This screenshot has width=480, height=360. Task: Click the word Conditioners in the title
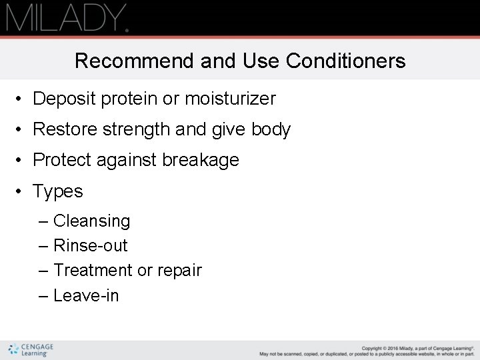coord(345,61)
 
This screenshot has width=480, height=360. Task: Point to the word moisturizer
coord(230,99)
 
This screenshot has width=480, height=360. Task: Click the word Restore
coord(65,129)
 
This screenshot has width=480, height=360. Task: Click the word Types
coord(58,191)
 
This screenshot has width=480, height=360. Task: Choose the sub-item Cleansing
coord(91,221)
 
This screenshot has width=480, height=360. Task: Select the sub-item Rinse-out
coord(90,245)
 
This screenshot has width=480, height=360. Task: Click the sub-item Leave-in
coord(86,295)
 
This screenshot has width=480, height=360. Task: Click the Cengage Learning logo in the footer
coord(31,350)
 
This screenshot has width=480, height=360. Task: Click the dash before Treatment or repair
coord(43,271)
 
